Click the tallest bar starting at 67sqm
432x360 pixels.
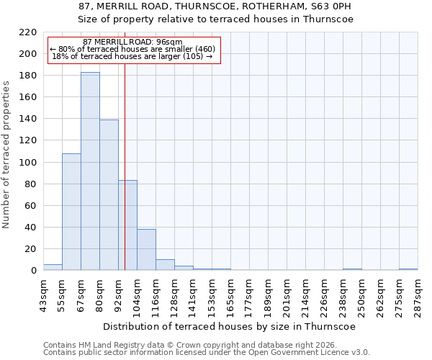click(x=90, y=171)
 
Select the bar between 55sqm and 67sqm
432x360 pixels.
click(x=71, y=212)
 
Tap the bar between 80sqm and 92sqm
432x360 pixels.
click(x=109, y=194)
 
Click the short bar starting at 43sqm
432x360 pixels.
click(x=53, y=267)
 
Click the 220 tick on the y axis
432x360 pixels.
click(x=28, y=32)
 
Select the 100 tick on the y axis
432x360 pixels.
click(x=28, y=163)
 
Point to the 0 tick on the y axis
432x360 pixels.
click(x=33, y=271)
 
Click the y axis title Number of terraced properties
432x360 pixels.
click(x=6, y=155)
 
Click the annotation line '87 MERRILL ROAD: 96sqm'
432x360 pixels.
click(x=132, y=42)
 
